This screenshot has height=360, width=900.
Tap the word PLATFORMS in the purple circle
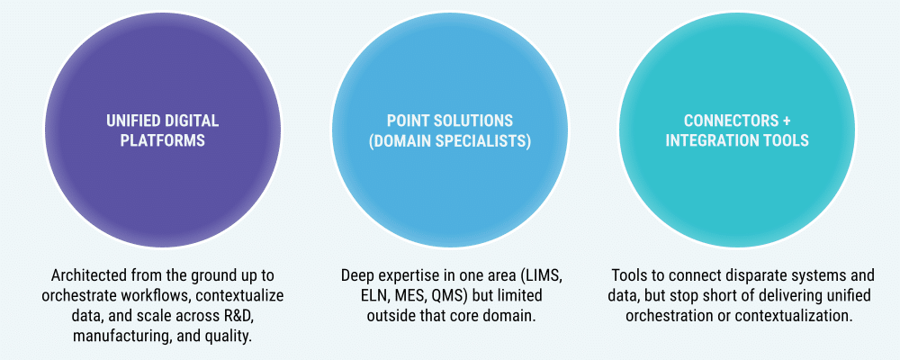pos(161,140)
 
